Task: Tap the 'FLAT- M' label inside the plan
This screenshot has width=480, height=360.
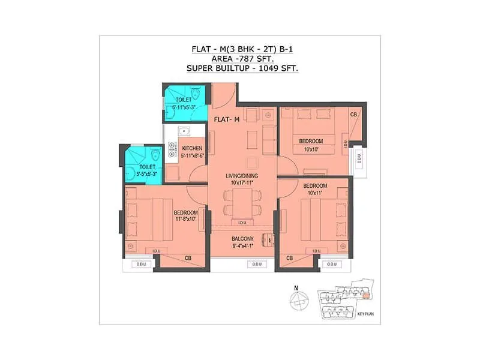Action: click(227, 119)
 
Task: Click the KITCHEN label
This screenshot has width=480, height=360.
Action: click(192, 148)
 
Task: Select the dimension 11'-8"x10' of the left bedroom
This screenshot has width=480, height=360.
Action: click(185, 220)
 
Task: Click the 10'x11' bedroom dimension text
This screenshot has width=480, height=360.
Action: click(314, 193)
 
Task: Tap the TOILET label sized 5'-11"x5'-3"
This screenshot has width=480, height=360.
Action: click(184, 100)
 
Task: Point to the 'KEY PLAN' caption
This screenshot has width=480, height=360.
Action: click(365, 314)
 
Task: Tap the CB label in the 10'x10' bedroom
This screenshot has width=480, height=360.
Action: click(354, 114)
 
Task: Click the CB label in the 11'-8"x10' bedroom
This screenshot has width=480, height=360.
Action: click(188, 259)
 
